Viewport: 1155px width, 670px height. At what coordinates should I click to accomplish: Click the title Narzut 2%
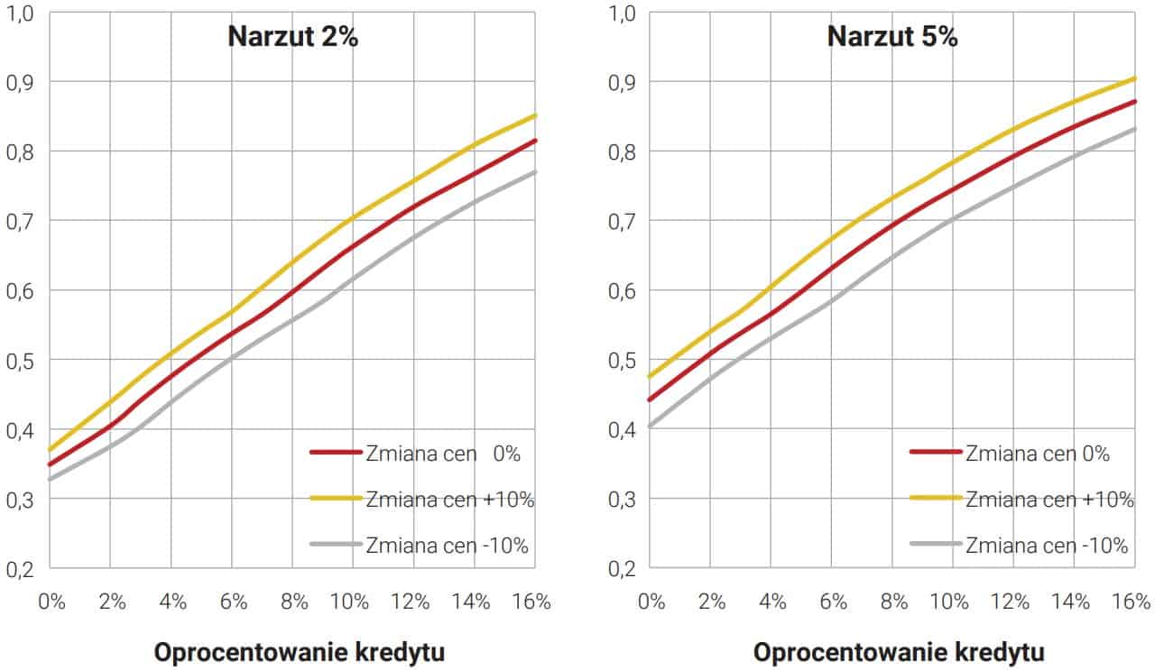pos(292,38)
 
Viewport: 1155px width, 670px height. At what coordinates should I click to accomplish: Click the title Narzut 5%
pos(892,38)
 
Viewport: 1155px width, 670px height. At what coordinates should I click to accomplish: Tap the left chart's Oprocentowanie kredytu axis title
pos(300,652)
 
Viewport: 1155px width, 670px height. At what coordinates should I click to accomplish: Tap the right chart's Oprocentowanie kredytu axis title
pos(899,652)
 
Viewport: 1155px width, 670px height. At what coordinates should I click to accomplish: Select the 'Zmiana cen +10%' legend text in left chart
pos(450,500)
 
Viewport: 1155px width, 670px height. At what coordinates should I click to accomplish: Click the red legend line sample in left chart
pos(335,454)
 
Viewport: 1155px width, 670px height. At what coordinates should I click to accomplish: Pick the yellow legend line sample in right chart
pos(935,499)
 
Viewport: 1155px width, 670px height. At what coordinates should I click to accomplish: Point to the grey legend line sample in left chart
pos(335,545)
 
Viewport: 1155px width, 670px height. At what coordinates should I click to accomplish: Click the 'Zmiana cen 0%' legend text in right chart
pos(1038,454)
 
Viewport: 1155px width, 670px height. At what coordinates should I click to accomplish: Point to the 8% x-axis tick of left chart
pos(292,601)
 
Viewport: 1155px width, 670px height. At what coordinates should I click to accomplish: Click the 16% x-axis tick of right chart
pos(1132,601)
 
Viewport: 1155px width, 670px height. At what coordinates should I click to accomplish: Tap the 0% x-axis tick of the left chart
pos(51,601)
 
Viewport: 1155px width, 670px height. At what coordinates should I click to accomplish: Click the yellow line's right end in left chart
pos(534,115)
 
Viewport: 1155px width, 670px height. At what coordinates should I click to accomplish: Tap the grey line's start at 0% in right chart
pos(651,426)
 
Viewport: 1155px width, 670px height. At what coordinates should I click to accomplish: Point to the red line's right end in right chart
pos(1134,101)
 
